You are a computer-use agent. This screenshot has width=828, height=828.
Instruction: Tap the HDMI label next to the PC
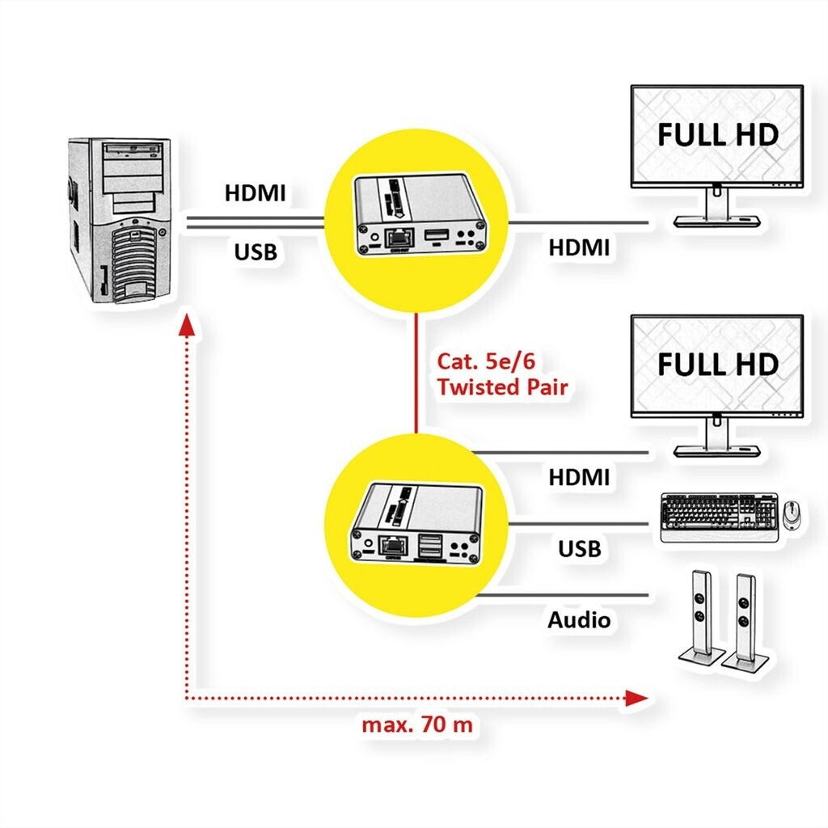point(255,194)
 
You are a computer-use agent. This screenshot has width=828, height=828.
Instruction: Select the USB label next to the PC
point(256,252)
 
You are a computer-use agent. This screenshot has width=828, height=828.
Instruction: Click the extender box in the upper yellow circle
point(419,214)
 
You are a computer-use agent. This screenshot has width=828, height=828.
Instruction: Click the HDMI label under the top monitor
point(579,247)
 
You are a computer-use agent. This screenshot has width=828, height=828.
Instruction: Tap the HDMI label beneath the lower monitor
point(579,477)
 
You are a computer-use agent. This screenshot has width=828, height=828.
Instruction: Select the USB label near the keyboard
point(580,549)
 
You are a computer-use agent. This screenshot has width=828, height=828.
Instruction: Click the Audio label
point(579,620)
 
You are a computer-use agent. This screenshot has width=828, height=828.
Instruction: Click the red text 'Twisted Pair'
point(501,387)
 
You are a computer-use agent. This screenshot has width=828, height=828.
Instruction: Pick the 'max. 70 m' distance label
point(416,724)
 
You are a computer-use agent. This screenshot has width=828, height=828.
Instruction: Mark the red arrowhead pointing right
point(637,697)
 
